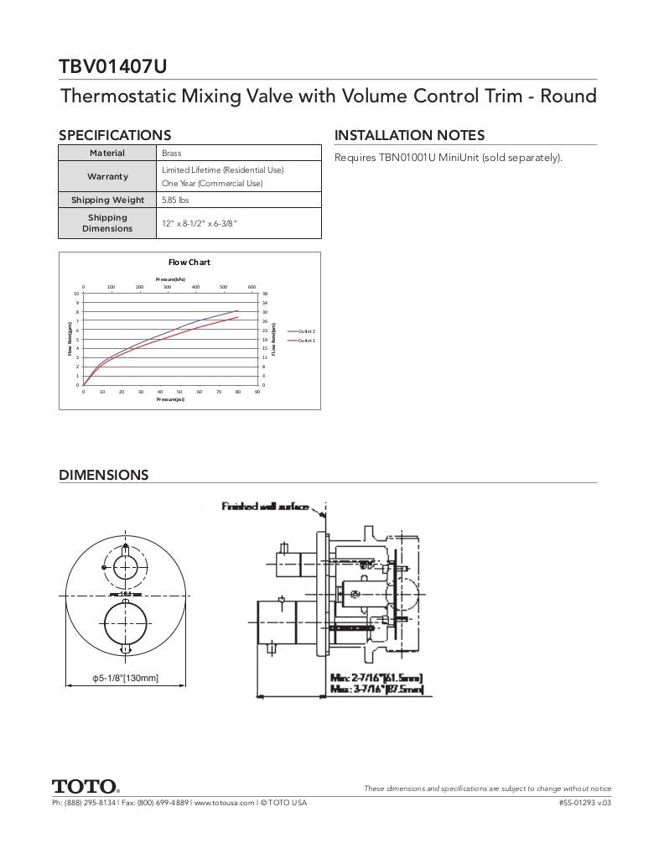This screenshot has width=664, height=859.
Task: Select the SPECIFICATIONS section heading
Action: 114,135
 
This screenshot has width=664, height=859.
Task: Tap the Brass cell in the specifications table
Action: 172,154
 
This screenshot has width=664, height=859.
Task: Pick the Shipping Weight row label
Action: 107,200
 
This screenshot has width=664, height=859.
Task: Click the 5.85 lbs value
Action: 175,200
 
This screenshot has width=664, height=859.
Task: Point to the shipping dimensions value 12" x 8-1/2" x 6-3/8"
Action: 200,223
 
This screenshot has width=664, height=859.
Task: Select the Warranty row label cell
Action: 107,177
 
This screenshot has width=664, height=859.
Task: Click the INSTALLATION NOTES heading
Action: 409,135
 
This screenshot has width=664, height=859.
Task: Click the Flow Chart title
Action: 189,263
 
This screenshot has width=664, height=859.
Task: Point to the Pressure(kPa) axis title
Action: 170,279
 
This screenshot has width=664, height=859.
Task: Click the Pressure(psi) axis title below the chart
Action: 170,399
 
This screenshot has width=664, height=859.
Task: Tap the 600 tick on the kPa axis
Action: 252,287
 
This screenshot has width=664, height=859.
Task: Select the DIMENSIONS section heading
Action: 103,475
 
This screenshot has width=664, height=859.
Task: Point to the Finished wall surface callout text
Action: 265,507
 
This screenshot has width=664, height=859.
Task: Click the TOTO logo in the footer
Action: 86,787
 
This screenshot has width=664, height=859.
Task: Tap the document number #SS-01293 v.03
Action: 584,803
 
